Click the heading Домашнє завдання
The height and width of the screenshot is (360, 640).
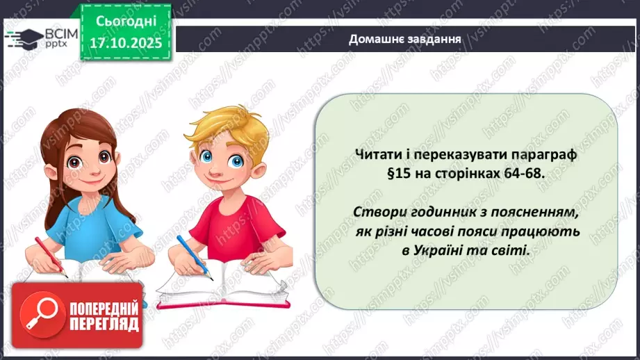[405, 39]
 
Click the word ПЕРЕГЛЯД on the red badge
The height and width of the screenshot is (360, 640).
[102, 324]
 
